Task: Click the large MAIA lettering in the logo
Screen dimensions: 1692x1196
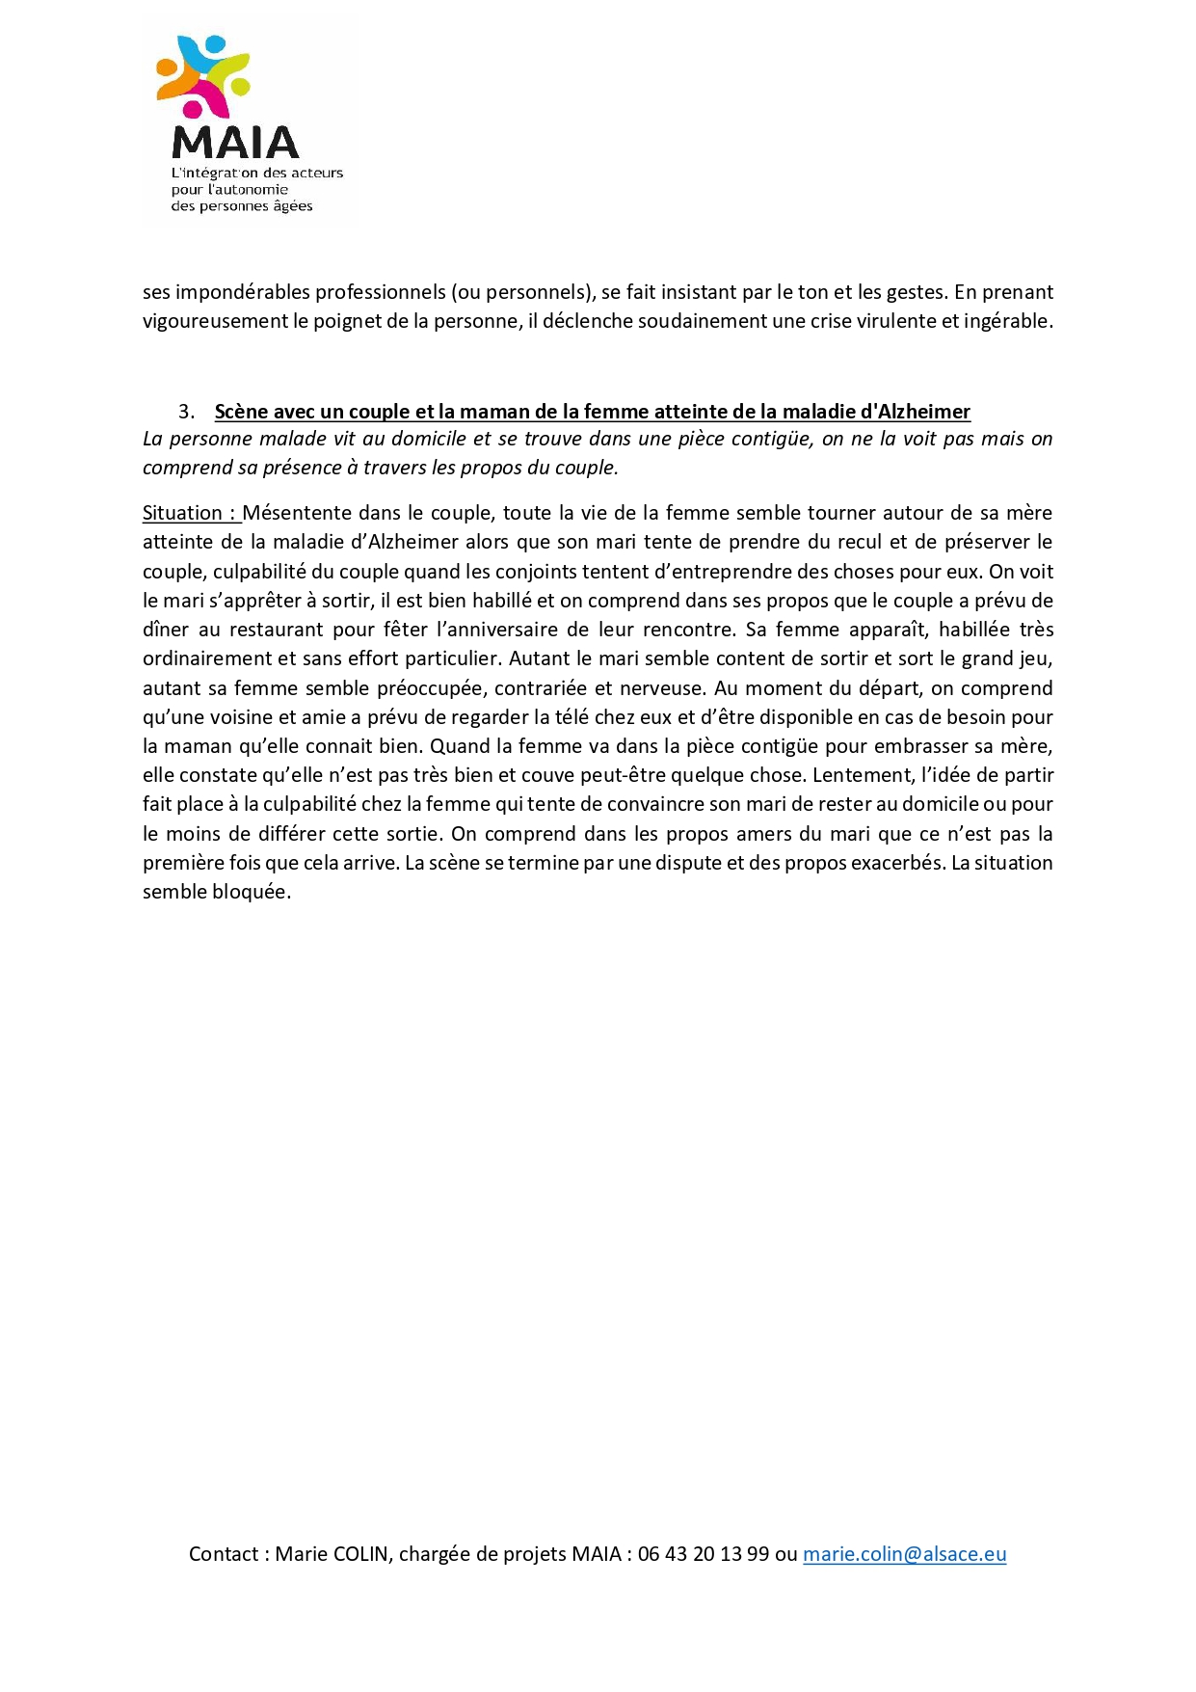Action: pos(235,143)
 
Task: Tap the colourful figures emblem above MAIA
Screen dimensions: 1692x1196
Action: pos(203,75)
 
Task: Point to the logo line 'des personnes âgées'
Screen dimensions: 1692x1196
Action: pos(242,206)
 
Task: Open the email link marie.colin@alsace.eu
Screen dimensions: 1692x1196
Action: pos(904,1553)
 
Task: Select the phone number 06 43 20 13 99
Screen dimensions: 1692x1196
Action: pos(704,1553)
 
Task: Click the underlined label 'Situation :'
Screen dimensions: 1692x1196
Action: pos(190,513)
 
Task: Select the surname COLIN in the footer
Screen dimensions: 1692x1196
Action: pos(360,1553)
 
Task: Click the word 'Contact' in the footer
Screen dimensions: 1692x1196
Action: pos(224,1553)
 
